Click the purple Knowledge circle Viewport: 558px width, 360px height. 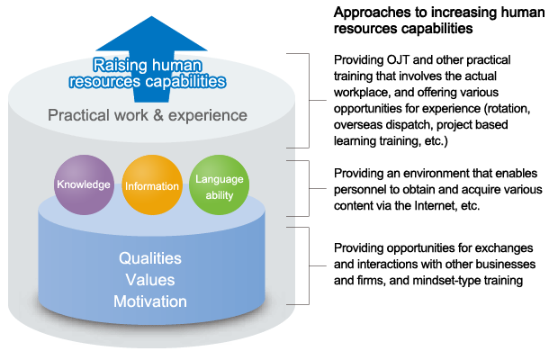coord(84,184)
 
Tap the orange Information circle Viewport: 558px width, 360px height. coord(152,184)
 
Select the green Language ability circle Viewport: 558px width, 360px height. coord(220,184)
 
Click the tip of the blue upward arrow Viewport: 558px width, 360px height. coord(151,16)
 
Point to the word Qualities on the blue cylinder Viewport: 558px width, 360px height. coord(150,258)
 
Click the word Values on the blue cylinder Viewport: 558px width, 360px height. coord(150,280)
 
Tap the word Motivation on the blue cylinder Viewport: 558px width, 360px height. coord(150,301)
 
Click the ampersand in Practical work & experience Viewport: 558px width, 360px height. coord(158,115)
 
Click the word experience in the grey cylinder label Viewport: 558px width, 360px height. coord(208,116)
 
